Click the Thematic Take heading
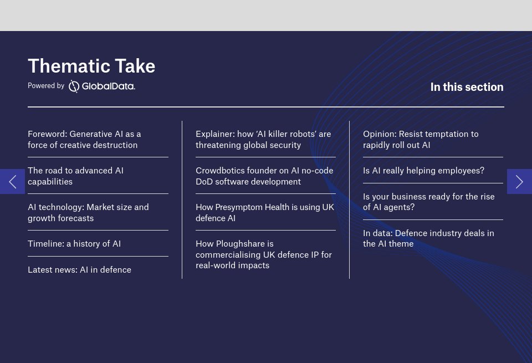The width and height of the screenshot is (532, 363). point(91,66)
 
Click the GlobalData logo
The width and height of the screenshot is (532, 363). point(102,86)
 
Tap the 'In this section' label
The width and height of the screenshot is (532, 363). point(467,87)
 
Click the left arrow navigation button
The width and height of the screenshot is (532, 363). point(12,181)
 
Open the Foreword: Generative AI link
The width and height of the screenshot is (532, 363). point(84,140)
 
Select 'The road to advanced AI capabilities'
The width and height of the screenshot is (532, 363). point(75,176)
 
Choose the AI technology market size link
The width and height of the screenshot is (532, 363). point(88,213)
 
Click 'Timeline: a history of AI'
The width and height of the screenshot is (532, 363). point(74,244)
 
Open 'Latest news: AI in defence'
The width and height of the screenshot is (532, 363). point(79,270)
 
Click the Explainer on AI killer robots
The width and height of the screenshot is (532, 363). point(263,140)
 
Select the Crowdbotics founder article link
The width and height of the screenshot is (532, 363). point(264,176)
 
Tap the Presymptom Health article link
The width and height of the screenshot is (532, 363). point(264,213)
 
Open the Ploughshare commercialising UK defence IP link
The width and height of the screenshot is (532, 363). point(263,254)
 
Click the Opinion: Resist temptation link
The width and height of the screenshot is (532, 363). point(421,140)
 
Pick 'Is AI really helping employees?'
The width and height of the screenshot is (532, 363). point(423,171)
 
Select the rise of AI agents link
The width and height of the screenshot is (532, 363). point(428,202)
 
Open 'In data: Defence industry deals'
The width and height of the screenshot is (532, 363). point(428,238)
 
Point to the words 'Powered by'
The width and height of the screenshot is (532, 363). point(46,86)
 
